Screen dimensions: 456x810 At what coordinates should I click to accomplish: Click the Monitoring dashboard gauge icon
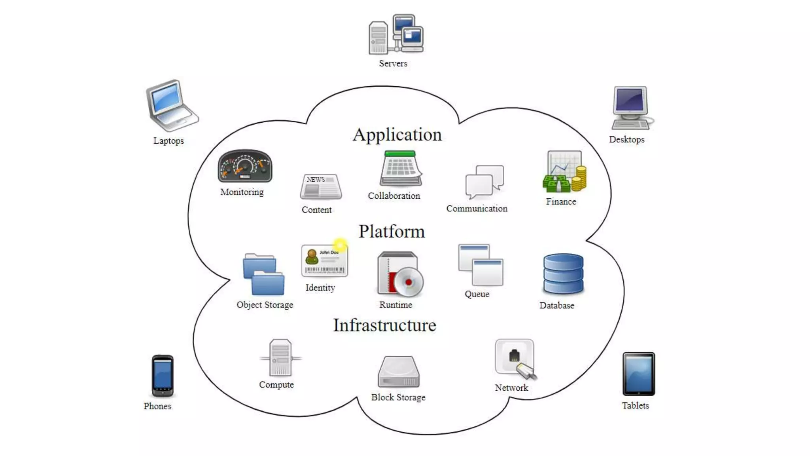coord(245,166)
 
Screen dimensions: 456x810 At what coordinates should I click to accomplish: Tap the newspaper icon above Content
coord(321,186)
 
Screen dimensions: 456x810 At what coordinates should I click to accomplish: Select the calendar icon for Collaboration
coord(401,169)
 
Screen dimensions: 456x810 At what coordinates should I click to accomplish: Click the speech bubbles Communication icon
coord(484,182)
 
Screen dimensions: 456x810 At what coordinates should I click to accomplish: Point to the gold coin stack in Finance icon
coord(580,179)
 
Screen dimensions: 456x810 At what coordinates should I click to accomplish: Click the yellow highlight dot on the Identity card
coord(340,244)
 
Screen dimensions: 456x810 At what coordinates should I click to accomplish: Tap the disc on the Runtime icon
coord(409,282)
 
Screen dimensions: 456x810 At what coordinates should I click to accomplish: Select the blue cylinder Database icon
coord(563,274)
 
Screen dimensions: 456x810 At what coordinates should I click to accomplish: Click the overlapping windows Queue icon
coord(481,265)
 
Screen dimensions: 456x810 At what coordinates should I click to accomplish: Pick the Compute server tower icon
coord(280,358)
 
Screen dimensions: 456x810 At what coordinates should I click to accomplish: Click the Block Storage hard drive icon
coord(399,372)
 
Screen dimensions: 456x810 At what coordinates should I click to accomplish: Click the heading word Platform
coord(392,232)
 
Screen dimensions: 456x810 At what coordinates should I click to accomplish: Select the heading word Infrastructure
coord(384,325)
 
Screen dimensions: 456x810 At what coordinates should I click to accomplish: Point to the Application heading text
coord(397,135)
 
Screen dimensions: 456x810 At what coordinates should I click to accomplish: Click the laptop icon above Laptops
coord(171,106)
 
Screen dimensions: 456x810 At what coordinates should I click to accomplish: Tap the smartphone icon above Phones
coord(163,376)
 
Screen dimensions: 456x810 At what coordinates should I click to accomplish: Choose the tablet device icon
coord(638,374)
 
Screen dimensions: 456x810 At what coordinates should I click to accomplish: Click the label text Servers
coord(393,63)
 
